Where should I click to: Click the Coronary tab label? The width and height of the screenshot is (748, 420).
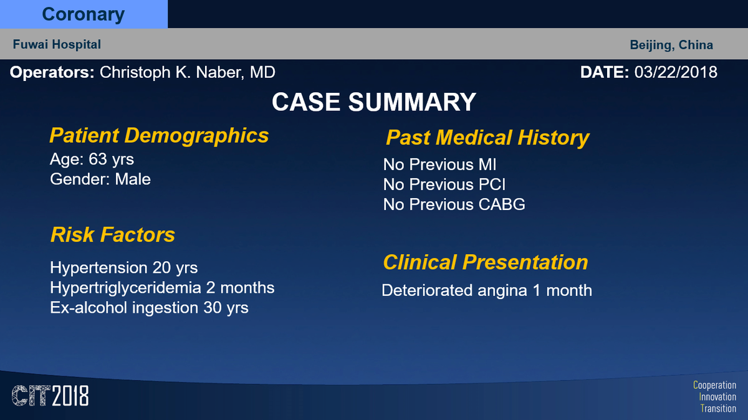83,14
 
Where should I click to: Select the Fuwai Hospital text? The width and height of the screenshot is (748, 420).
57,44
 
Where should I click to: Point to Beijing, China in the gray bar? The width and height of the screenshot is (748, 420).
671,45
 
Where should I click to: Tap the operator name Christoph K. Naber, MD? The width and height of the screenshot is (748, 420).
188,72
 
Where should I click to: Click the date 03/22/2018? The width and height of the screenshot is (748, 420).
676,72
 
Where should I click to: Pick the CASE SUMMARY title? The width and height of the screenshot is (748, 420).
373,102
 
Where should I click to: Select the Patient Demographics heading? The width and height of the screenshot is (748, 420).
159,136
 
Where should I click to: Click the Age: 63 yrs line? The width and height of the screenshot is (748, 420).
92,160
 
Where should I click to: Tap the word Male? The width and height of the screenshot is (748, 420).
133,179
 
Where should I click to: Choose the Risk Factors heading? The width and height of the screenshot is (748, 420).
113,235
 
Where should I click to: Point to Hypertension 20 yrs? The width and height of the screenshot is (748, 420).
123,268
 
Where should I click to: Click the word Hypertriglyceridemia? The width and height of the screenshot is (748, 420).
125,288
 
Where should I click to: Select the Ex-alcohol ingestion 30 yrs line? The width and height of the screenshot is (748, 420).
149,308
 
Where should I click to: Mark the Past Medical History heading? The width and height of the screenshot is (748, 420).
487,138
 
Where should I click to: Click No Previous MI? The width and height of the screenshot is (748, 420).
439,165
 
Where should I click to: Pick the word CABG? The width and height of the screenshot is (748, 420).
502,204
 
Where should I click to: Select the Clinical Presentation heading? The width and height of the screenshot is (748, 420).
485,262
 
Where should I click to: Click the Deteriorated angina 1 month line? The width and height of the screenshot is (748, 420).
487,290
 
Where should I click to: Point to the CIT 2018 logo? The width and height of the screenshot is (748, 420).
50,396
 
